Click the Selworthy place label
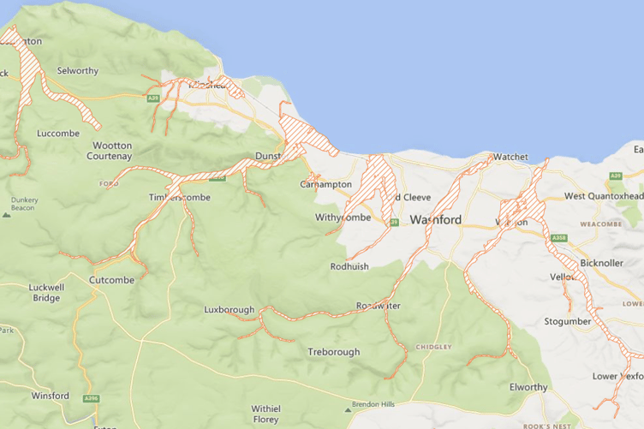[77, 70]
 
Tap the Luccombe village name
[58, 134]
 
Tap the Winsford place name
[50, 396]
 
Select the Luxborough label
[229, 309]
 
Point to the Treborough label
[334, 352]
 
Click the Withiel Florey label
[265, 414]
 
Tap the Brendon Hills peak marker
[349, 405]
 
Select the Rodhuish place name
[349, 266]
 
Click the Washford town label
[435, 220]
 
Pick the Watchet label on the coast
[510, 158]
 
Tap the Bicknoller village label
[601, 262]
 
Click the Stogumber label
[568, 321]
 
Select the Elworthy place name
[528, 387]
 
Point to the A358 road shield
[559, 237]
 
